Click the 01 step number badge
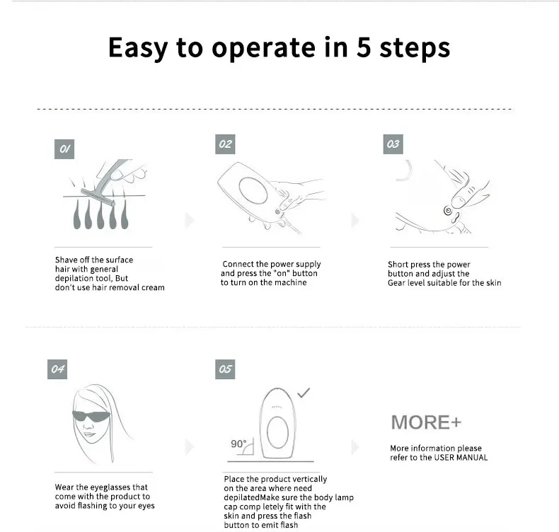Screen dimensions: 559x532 64,149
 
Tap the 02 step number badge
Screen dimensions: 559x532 225,144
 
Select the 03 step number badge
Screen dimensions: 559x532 393,144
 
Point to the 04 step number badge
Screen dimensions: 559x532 57,369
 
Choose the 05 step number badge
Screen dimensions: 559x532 225,369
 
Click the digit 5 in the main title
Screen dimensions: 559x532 364,47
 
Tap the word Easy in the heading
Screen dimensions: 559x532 138,48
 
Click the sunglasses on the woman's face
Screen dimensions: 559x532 91,416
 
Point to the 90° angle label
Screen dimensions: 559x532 238,444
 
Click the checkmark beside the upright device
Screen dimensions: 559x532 304,393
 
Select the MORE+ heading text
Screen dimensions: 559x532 426,422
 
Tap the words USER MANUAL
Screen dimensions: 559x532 461,457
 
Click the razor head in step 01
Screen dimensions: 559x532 98,197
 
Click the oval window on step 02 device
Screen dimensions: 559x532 253,190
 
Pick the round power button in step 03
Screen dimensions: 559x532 448,211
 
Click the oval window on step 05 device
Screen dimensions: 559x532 277,432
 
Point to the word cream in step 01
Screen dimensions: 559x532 153,287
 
